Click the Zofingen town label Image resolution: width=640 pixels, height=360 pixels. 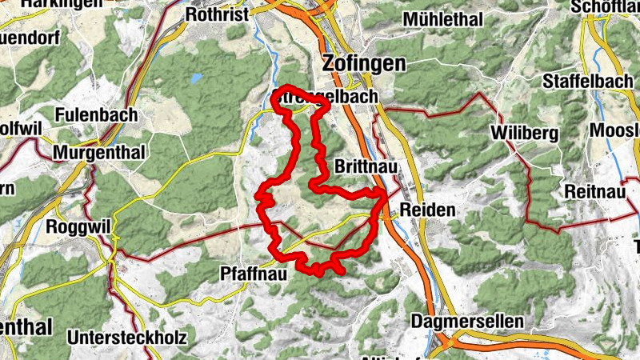click(363, 63)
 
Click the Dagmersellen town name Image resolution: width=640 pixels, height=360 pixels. click(468, 321)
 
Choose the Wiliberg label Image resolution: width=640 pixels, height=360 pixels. click(526, 133)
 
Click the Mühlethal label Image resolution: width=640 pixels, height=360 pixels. click(444, 18)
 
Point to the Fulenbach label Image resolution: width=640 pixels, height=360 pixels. click(96, 115)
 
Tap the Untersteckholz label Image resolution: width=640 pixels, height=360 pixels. click(128, 338)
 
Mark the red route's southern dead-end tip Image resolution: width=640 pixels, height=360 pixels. click(342, 273)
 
